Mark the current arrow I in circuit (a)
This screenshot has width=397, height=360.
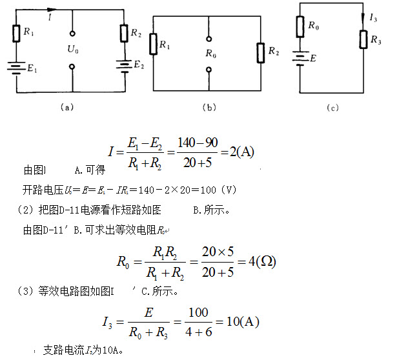50,10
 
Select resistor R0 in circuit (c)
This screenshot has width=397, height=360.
300,28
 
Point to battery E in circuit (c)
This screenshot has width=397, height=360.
300,58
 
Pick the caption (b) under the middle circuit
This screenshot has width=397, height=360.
209,108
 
